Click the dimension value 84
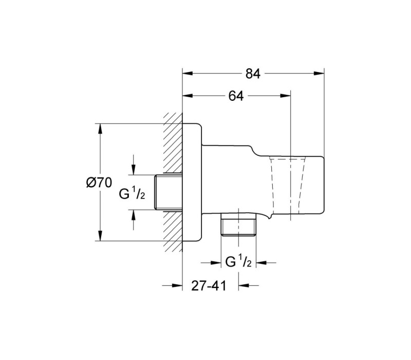(x=253, y=74)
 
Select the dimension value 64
(x=236, y=96)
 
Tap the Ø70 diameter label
(x=99, y=183)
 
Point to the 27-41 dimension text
(x=209, y=285)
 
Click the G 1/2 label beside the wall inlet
(x=132, y=194)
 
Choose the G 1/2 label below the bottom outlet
(x=238, y=262)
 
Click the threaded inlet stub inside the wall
(x=168, y=192)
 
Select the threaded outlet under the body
(x=238, y=224)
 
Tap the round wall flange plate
(x=192, y=182)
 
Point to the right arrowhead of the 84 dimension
(x=319, y=74)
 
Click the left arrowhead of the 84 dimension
(x=188, y=74)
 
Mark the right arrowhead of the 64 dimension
(x=286, y=96)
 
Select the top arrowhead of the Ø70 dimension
(x=100, y=129)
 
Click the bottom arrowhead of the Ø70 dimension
(x=100, y=236)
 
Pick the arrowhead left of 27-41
(x=177, y=285)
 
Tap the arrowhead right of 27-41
(x=244, y=285)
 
